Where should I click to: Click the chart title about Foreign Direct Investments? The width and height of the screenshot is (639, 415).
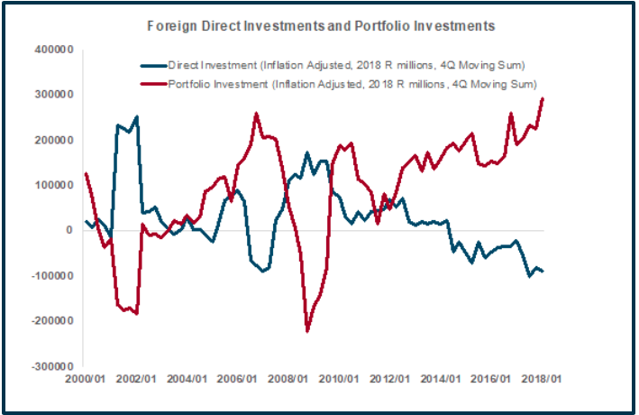pos(321,26)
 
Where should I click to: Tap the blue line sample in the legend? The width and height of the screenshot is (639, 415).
pos(152,65)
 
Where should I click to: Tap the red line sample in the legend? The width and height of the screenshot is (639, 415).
pos(152,83)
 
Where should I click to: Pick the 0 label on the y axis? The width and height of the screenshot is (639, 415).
pos(68,230)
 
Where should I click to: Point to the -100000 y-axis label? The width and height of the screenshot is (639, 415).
pos(52,275)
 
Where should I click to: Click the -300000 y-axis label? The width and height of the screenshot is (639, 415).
pos(52,366)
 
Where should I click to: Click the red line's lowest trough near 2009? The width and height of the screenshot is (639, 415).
pos(307,331)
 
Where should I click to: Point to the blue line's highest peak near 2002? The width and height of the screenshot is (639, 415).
pos(136,116)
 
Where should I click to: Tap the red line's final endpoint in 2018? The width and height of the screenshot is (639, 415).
pos(543,98)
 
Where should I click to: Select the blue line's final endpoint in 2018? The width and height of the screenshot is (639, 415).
pos(543,272)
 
